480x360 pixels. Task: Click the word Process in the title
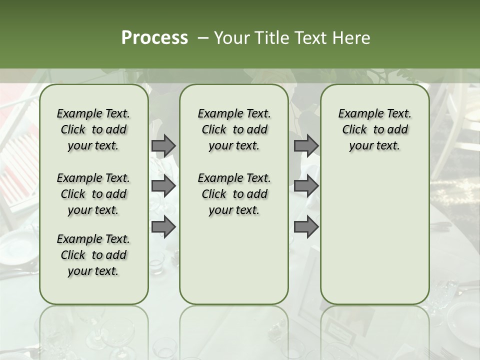[154, 38]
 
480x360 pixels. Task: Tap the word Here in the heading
[351, 38]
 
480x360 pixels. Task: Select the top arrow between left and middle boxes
[163, 145]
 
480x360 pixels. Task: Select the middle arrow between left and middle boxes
[163, 186]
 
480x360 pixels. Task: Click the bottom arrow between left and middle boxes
[163, 227]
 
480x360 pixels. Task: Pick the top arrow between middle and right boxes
[306, 145]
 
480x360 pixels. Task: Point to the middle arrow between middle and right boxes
[306, 186]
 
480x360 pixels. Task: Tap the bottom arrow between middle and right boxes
[306, 227]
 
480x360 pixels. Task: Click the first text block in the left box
[93, 129]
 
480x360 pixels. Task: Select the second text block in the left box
[93, 194]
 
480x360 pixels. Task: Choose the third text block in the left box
[93, 255]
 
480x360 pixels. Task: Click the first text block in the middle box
[234, 129]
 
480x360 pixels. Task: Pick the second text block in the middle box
[234, 194]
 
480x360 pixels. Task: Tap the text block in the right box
[374, 129]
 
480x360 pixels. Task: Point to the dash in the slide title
[203, 38]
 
